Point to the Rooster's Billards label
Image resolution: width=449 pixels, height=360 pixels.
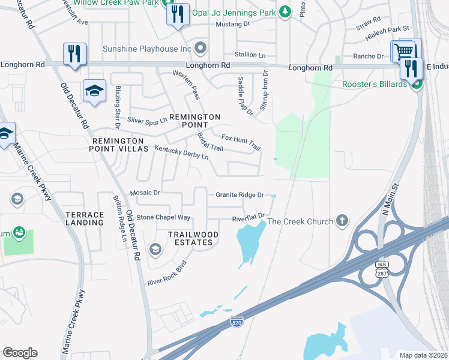[375, 84]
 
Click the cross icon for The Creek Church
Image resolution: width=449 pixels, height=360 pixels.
[342, 221]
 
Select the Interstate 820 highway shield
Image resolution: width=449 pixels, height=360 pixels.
[237, 322]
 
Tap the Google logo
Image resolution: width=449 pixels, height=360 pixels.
[20, 353]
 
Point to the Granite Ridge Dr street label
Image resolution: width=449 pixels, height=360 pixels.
[240, 195]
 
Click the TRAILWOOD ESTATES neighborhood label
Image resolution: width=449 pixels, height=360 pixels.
[190, 238]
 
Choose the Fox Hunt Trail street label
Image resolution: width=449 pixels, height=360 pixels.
[241, 142]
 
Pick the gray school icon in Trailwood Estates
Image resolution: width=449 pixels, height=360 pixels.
[155, 249]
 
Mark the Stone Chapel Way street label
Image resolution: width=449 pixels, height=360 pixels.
[163, 217]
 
